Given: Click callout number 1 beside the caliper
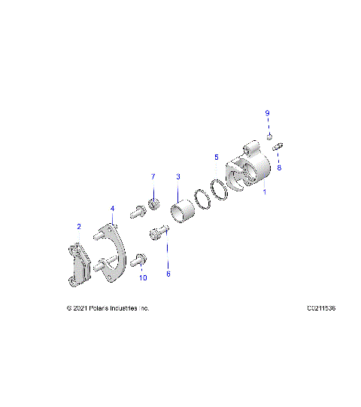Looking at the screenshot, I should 264,193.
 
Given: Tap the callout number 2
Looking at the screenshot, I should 78,226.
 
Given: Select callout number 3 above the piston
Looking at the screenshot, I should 178,176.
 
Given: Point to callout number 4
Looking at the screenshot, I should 112,208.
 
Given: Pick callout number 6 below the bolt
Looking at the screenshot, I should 168,274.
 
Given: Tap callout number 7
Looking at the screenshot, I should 153,176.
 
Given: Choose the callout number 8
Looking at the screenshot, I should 279,168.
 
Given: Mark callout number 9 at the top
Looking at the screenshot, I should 266,113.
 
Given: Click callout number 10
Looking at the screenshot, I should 143,278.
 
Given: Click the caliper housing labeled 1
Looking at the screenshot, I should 250,173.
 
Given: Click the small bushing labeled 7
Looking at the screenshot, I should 155,204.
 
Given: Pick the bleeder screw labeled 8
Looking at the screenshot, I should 278,145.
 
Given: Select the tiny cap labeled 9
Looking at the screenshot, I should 268,136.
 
